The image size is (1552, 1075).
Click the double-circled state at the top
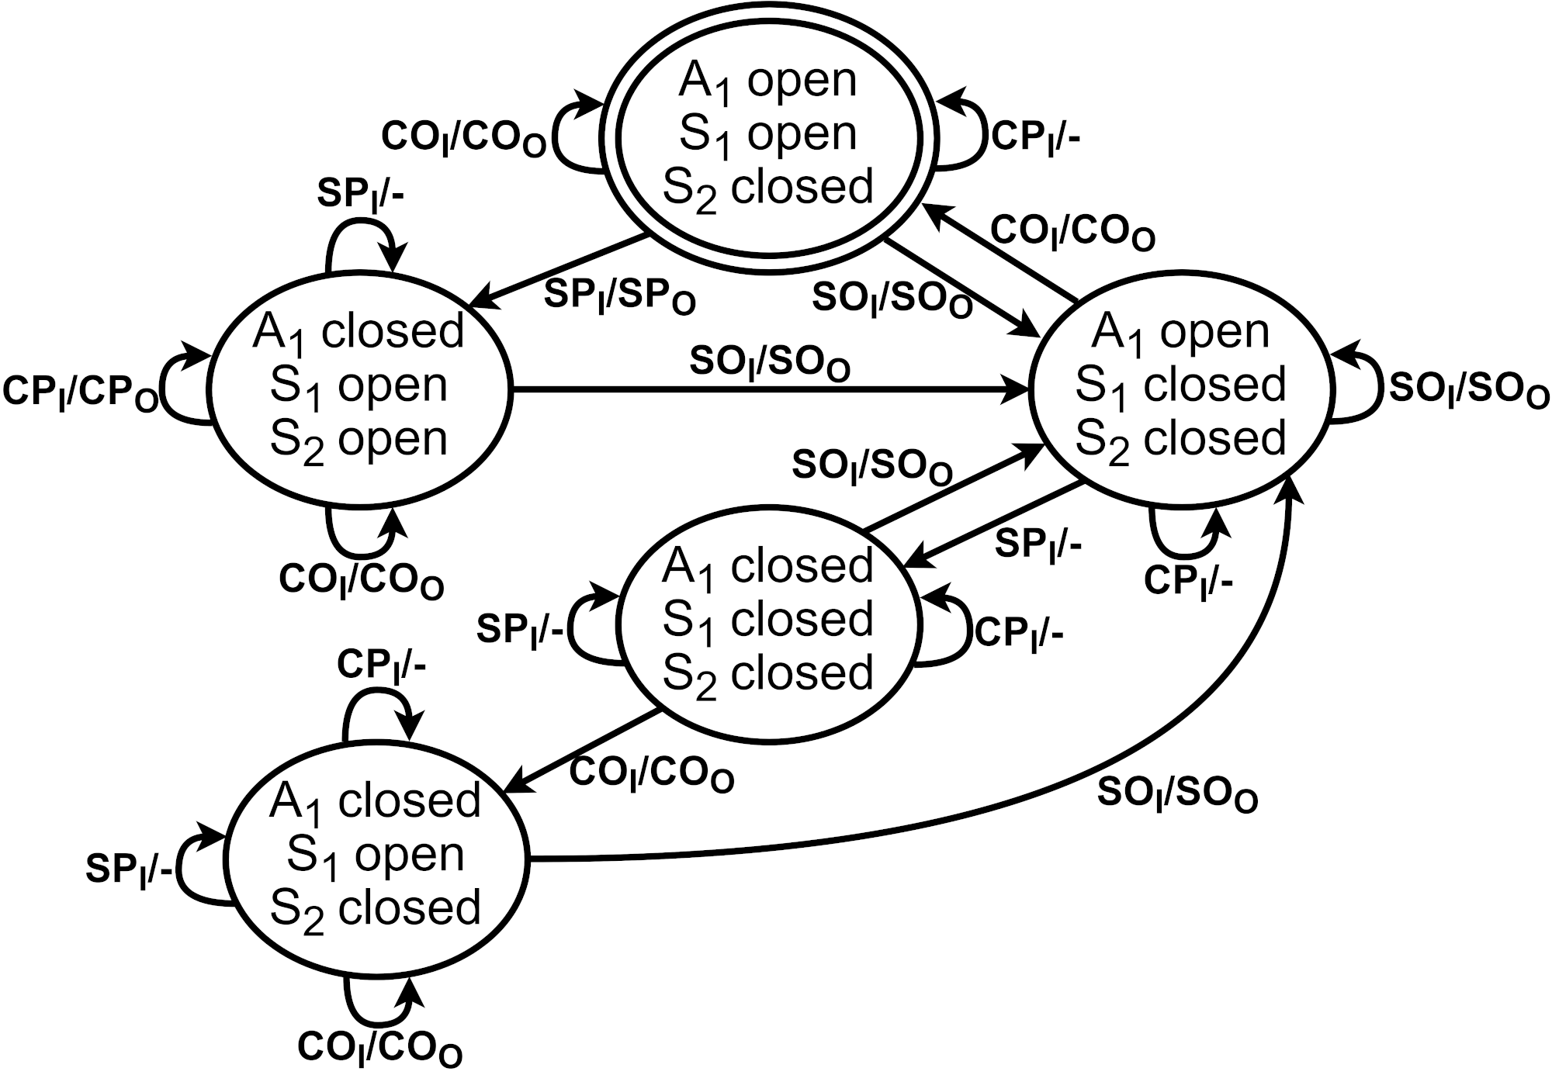(x=768, y=133)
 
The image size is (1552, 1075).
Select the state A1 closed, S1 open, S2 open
(x=359, y=385)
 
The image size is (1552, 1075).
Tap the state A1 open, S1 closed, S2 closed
(x=1180, y=385)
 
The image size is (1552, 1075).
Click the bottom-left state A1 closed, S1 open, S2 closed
(x=375, y=855)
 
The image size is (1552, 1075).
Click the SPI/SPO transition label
(x=619, y=296)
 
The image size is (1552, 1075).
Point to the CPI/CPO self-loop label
(x=81, y=392)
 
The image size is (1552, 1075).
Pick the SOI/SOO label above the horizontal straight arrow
(x=769, y=363)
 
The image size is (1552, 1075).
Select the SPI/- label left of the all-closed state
(x=520, y=629)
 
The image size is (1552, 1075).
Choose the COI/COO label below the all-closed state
(x=652, y=774)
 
